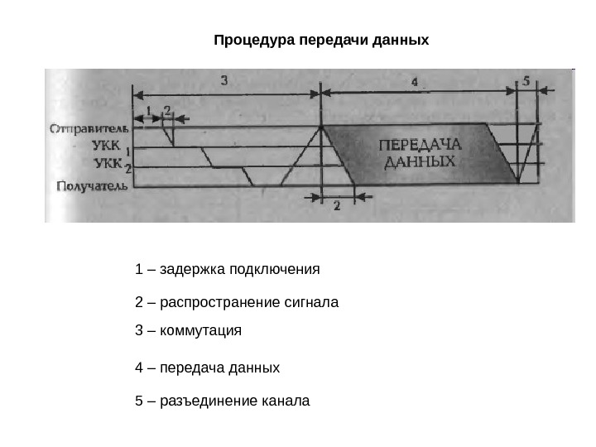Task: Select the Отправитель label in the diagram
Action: [89, 129]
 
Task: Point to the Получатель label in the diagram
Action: [91, 186]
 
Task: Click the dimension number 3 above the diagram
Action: [225, 79]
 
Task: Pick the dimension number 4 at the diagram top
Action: [414, 82]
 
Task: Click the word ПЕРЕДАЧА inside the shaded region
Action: [420, 145]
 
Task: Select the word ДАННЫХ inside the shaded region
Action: [421, 162]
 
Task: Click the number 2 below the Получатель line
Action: [337, 207]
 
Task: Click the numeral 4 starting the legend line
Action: [138, 367]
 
